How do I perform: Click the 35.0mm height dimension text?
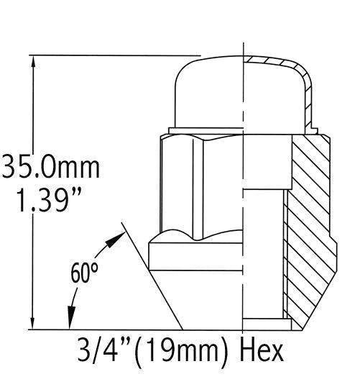click(49, 167)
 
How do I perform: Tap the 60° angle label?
click(84, 274)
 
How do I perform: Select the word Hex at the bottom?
click(263, 351)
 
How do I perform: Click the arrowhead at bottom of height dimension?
click(32, 323)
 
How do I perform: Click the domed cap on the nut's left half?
click(208, 90)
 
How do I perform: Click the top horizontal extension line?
click(115, 55)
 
